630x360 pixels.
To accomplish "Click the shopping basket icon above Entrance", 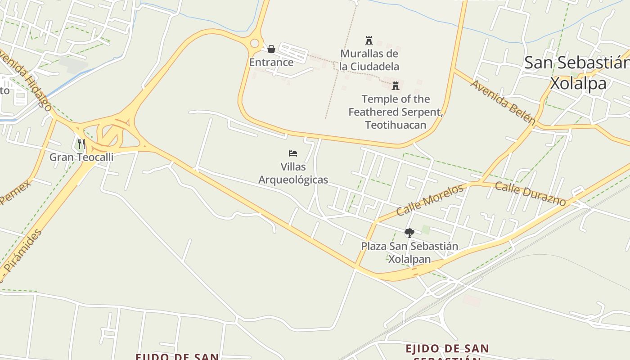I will tap(271, 49).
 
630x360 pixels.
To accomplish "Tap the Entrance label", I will tap(271, 62).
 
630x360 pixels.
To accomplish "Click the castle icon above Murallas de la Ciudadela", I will tap(369, 40).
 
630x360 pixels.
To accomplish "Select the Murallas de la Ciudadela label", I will tap(369, 60).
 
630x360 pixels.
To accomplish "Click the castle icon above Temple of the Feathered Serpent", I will tap(396, 85).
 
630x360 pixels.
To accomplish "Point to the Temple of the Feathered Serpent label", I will tap(396, 112).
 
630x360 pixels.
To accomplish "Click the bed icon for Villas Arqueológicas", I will tap(293, 153).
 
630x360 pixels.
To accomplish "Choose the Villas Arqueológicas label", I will tap(293, 173).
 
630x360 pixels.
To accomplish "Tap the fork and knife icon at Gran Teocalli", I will tap(81, 144).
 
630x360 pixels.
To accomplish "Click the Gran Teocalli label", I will tap(81, 157).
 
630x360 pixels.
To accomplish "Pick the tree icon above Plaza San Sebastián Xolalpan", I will tap(409, 233).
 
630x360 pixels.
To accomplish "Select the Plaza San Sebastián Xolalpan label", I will tap(409, 252).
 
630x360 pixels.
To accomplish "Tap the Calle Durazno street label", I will tap(530, 193).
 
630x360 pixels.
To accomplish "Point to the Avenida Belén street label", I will tap(503, 102).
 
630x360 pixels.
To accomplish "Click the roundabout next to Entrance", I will tap(255, 44).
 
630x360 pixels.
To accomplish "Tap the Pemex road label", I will tap(16, 192).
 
